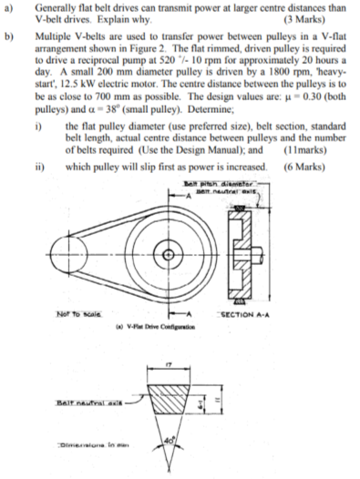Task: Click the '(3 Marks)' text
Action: (313, 18)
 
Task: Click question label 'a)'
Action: (9, 5)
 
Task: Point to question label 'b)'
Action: (9, 30)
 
